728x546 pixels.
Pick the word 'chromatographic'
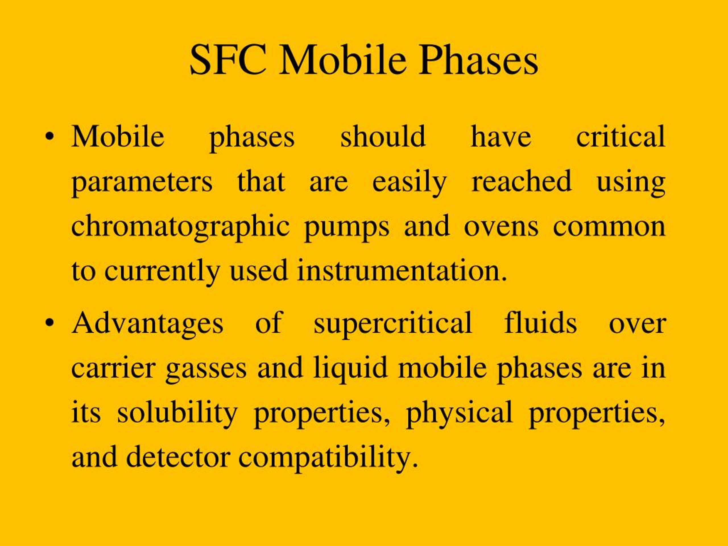(180, 227)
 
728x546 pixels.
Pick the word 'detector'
(178, 458)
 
